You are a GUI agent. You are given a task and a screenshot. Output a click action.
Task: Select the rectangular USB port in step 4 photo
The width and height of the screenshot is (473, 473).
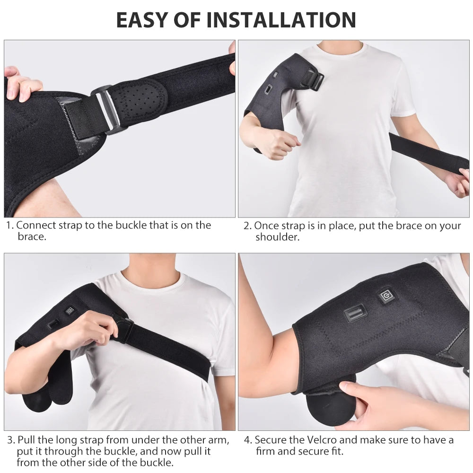click(x=355, y=313)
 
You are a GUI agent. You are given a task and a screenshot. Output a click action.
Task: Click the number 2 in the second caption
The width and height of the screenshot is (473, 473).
click(x=246, y=226)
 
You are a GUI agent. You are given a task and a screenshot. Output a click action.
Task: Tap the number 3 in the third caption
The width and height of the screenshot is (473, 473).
click(x=9, y=440)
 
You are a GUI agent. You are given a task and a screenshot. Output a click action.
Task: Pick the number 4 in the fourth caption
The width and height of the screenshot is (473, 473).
click(x=247, y=440)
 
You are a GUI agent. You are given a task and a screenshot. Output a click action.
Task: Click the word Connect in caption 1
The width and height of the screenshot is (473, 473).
click(x=35, y=226)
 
